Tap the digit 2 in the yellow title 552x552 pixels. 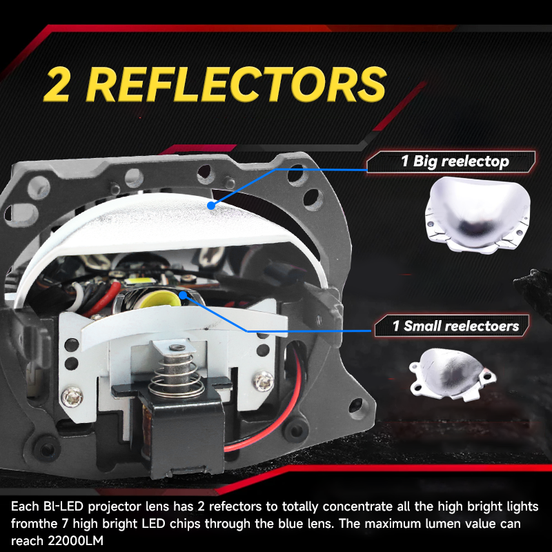click(x=57, y=84)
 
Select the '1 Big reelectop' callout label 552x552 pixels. click(x=451, y=161)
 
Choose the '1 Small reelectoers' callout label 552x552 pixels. click(x=453, y=326)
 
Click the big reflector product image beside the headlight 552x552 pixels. click(x=477, y=215)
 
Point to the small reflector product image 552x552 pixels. click(x=453, y=374)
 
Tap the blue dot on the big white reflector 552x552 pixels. click(x=211, y=206)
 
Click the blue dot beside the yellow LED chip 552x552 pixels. click(x=183, y=295)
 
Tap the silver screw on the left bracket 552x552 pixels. click(x=72, y=397)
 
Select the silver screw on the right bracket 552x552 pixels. click(x=264, y=382)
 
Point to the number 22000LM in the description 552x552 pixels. click(x=75, y=540)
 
